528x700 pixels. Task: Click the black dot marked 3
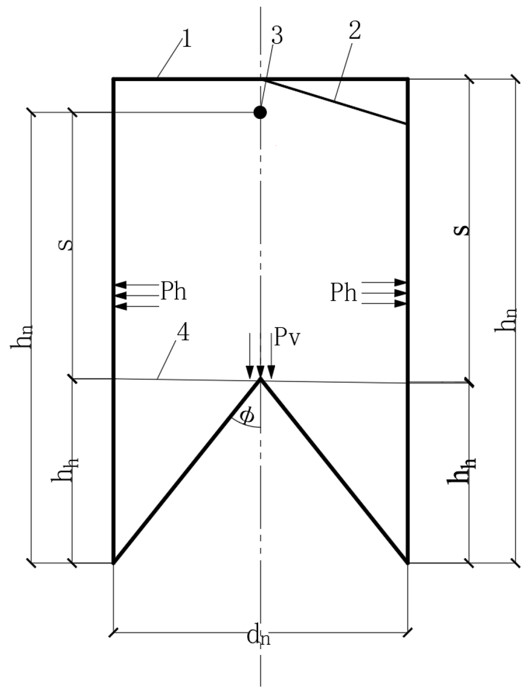point(260,112)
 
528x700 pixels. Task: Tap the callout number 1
point(187,39)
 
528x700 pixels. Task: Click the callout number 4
point(184,332)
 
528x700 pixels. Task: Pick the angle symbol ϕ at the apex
point(247,416)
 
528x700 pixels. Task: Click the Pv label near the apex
point(287,338)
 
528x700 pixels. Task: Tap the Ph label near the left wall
point(173,291)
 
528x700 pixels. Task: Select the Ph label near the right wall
point(344,292)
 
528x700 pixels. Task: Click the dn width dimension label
point(259,637)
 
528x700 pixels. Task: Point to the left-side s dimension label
point(69,243)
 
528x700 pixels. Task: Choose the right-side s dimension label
point(461,230)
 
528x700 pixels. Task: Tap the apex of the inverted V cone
point(260,380)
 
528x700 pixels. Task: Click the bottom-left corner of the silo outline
point(114,562)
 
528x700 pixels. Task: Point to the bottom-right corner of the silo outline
point(407,562)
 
